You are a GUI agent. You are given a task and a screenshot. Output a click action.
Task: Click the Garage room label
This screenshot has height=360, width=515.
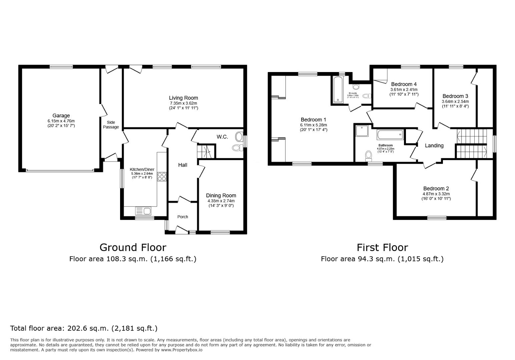pos(61,116)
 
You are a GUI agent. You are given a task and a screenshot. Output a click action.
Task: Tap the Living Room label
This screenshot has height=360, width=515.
pos(183,98)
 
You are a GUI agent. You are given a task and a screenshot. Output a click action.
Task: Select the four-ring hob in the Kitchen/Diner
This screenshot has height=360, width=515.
pos(162,176)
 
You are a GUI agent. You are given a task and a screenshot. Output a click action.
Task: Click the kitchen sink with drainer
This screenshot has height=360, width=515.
pos(143,211)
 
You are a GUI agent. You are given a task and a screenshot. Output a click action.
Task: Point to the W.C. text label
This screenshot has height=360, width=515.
pos(222,137)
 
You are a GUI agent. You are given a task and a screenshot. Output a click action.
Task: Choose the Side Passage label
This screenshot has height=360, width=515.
pos(111,125)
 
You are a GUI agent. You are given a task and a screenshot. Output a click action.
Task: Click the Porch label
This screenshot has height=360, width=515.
pos(182,217)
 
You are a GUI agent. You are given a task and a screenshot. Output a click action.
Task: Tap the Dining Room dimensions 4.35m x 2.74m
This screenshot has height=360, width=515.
pos(221,201)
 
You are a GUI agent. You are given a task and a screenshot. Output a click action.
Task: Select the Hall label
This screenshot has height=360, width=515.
pos(182,165)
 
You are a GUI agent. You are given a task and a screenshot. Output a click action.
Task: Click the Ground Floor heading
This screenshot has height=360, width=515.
pos(133,247)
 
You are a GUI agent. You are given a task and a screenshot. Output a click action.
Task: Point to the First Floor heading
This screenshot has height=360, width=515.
pos(382,247)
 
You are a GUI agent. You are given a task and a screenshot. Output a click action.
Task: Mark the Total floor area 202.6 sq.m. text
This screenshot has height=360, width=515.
pos(84,328)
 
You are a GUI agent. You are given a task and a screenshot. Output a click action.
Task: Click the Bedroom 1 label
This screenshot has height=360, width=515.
pos(313,120)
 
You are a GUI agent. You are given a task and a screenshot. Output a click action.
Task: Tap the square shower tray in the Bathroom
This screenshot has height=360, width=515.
pos(362,131)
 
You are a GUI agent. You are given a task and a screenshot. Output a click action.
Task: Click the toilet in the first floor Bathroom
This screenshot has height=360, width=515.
pos(369,155)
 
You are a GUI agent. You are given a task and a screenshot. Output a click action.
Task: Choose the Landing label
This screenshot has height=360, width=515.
pos(434,145)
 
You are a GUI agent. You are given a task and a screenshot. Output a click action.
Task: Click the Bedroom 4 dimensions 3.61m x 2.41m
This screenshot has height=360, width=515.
pos(404,90)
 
